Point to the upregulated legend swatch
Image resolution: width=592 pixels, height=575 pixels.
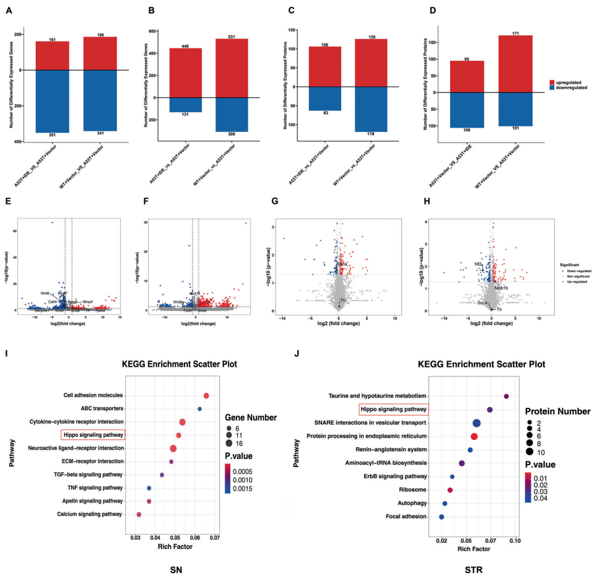tap(552, 82)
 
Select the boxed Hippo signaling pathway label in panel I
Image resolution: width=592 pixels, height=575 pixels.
tap(92, 435)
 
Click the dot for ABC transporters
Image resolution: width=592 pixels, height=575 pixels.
tap(199, 409)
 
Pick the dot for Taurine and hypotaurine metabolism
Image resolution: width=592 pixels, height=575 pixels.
tap(507, 397)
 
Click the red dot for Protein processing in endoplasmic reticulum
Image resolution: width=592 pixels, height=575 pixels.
tap(474, 436)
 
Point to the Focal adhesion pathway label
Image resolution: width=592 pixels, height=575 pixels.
tap(405, 516)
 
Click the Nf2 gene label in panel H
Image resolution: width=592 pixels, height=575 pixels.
tap(477, 265)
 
